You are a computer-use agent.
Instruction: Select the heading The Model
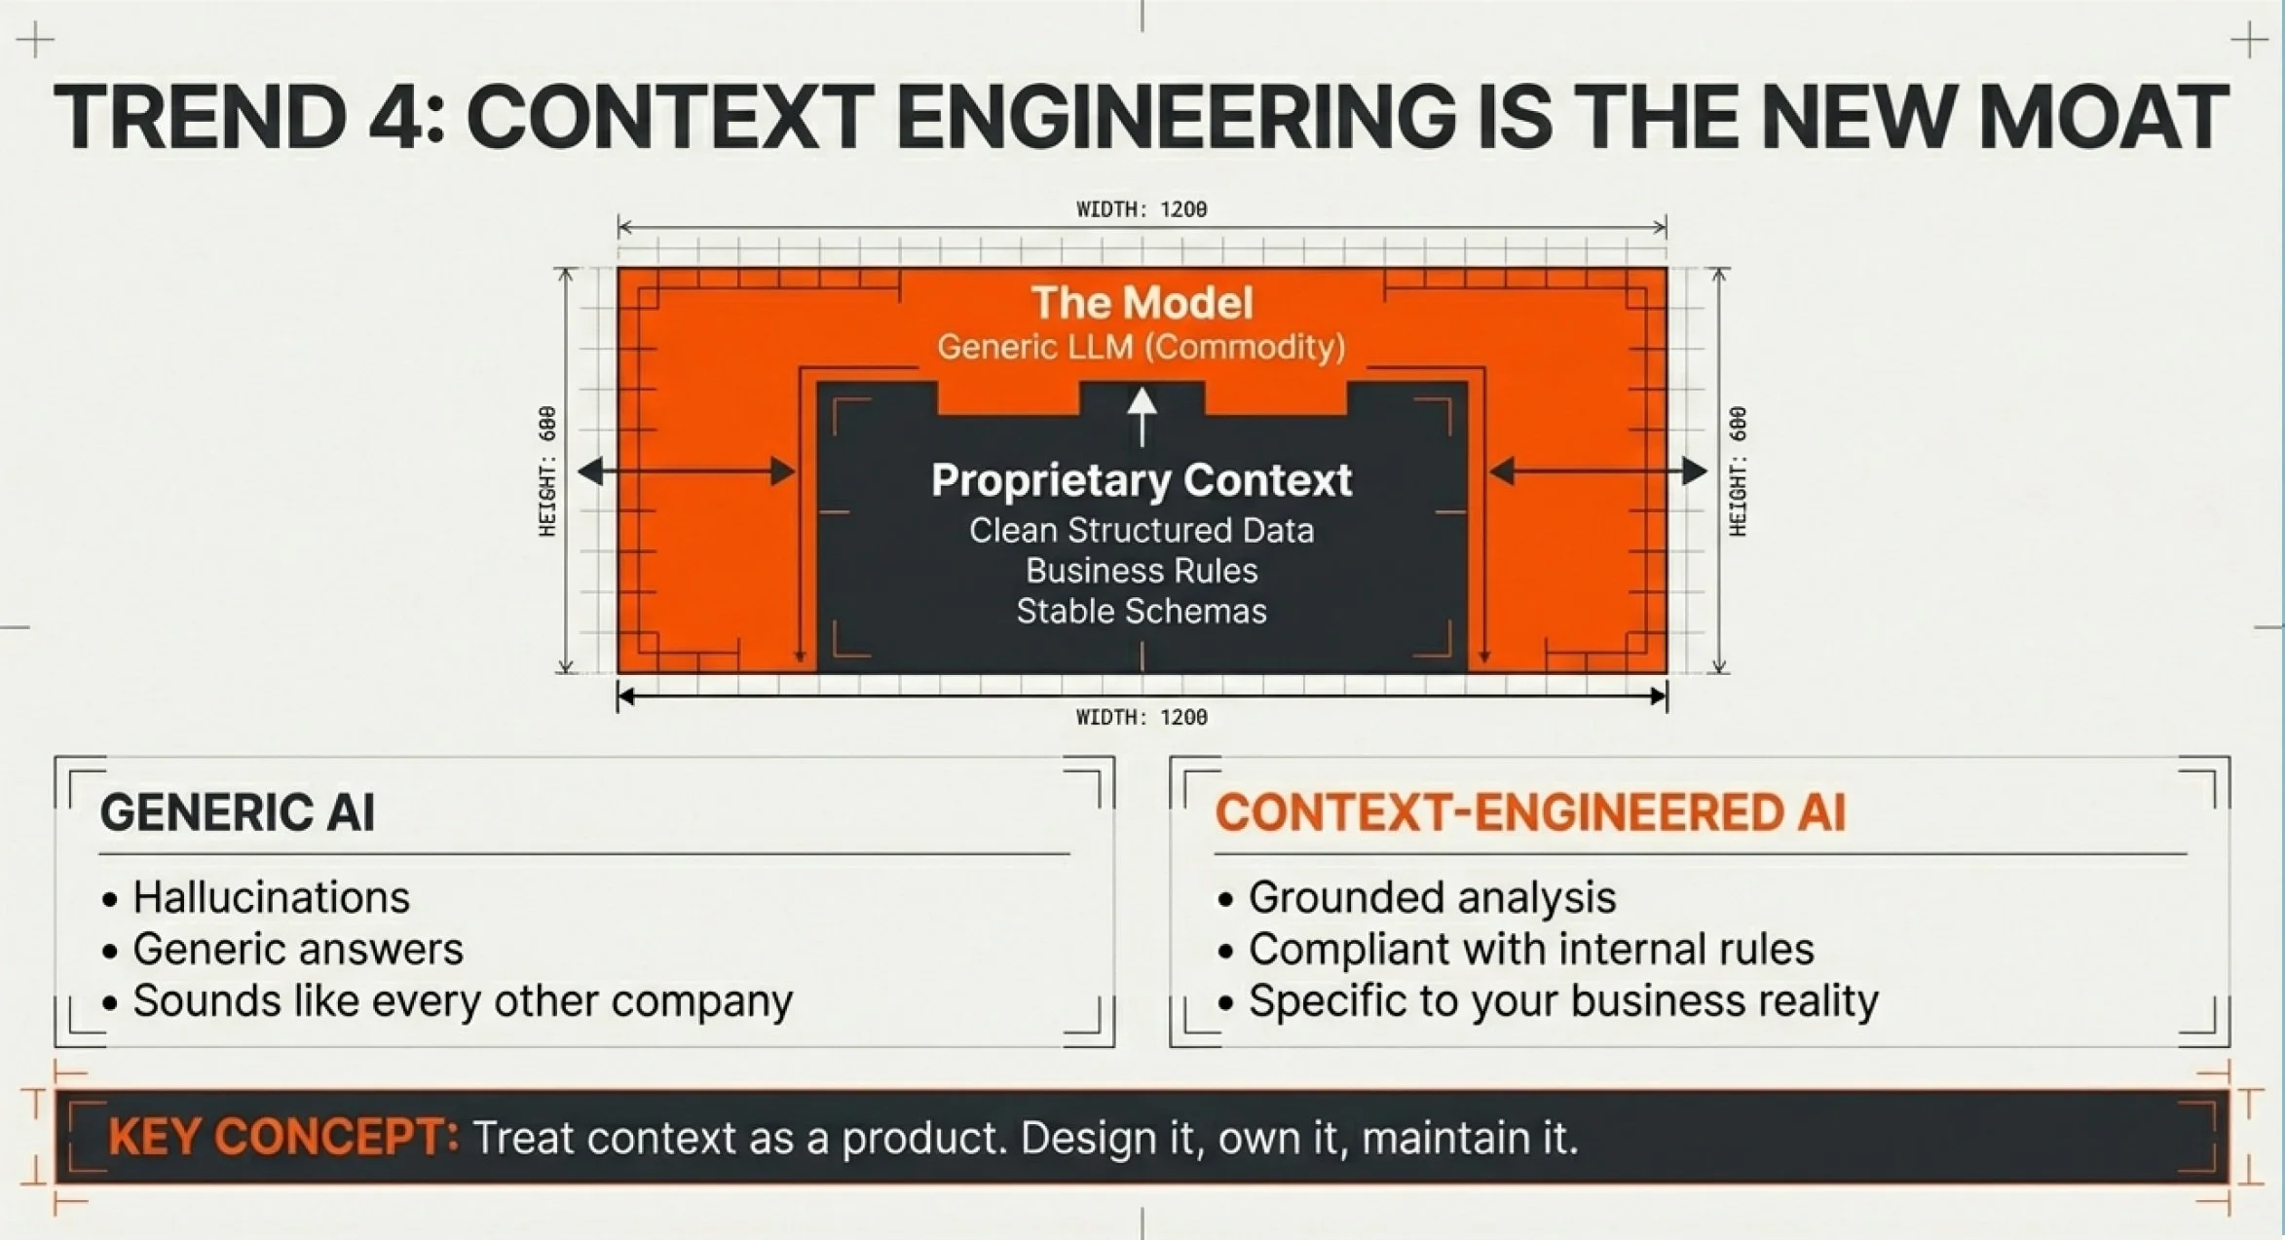pos(1142,303)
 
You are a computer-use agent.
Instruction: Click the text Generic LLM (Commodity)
pos(1142,347)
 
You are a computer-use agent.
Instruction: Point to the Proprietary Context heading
pos(1142,480)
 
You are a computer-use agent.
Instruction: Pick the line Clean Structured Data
pos(1142,531)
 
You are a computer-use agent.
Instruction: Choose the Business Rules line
pos(1142,571)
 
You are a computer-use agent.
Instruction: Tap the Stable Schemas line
pos(1142,612)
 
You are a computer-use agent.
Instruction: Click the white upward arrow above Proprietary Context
pos(1142,416)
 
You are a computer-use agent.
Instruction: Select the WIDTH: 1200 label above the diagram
pos(1142,209)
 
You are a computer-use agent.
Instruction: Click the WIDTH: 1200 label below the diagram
pos(1142,718)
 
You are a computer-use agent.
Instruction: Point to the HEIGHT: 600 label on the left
pos(548,471)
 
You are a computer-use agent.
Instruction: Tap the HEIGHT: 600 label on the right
pos(1738,471)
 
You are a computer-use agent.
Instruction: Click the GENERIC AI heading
pos(238,812)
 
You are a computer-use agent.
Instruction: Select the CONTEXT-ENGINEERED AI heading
pos(1530,812)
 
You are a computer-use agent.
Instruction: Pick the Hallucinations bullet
pos(271,897)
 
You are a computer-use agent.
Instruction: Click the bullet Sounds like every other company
pos(463,1001)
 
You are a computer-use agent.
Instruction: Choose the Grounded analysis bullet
pos(1432,897)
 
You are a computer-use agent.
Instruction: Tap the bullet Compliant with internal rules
pos(1531,950)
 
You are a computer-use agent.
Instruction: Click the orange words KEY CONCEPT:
pos(283,1138)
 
